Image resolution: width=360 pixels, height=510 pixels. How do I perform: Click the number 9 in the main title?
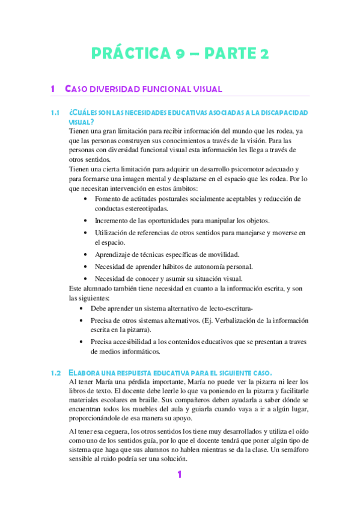180,54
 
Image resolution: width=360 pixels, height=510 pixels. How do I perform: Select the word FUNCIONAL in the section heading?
153,90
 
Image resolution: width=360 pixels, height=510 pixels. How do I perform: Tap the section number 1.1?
56,113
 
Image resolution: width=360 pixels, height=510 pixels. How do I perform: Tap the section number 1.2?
56,372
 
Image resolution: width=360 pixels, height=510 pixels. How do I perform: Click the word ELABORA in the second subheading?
88,372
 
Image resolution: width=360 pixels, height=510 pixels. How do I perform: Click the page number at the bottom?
179,475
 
